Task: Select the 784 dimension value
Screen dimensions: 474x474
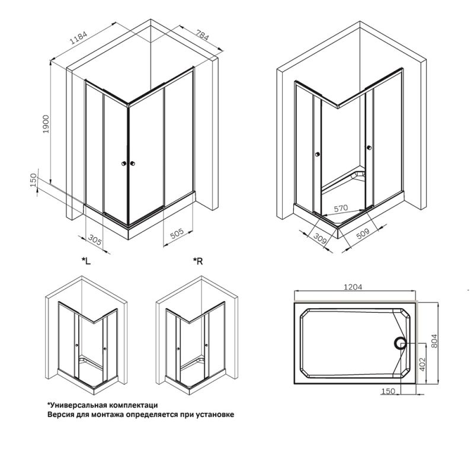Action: pyautogui.click(x=202, y=37)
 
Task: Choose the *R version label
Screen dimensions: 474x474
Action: pyautogui.click(x=198, y=261)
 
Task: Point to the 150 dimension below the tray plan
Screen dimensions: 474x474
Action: pyautogui.click(x=387, y=392)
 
